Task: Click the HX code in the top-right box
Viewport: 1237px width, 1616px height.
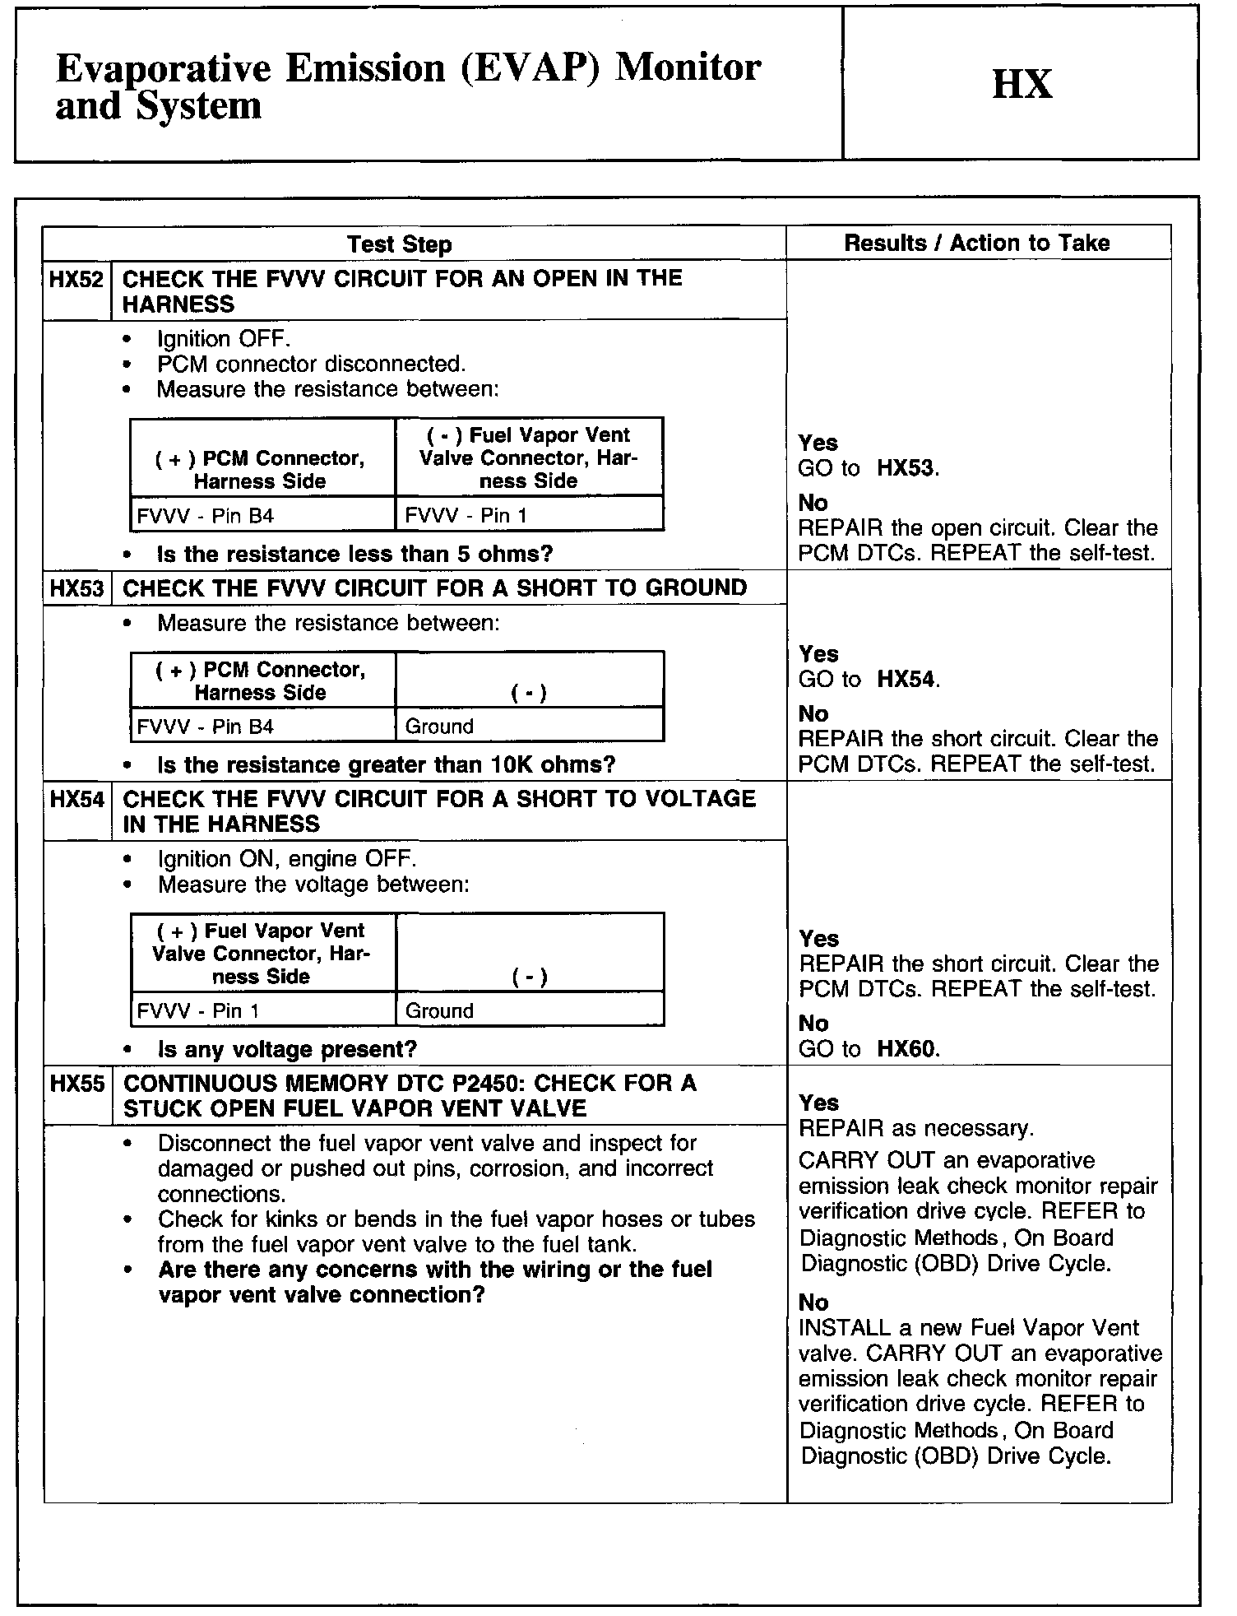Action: pos(1022,84)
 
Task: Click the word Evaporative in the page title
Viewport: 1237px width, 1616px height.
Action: pos(163,67)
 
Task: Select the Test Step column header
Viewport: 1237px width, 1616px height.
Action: pos(399,244)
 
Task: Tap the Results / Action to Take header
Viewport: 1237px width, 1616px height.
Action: pos(977,243)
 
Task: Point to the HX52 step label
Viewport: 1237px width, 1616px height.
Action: pos(76,280)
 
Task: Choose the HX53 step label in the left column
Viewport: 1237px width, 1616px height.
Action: pos(77,588)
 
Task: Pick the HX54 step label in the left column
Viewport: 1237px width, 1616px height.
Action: pos(77,799)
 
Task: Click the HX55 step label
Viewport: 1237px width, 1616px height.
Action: pos(77,1084)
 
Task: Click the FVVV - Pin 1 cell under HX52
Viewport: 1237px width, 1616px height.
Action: pos(466,516)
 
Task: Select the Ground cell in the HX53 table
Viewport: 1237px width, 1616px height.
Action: pos(440,727)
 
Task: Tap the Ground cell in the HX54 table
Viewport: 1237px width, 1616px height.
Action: pos(440,1011)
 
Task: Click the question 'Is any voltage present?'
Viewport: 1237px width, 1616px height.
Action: pos(287,1049)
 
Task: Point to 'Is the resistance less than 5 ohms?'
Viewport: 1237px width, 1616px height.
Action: pos(354,554)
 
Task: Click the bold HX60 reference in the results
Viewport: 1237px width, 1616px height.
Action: pos(908,1049)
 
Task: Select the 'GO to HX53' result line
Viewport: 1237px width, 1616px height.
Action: pos(868,469)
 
